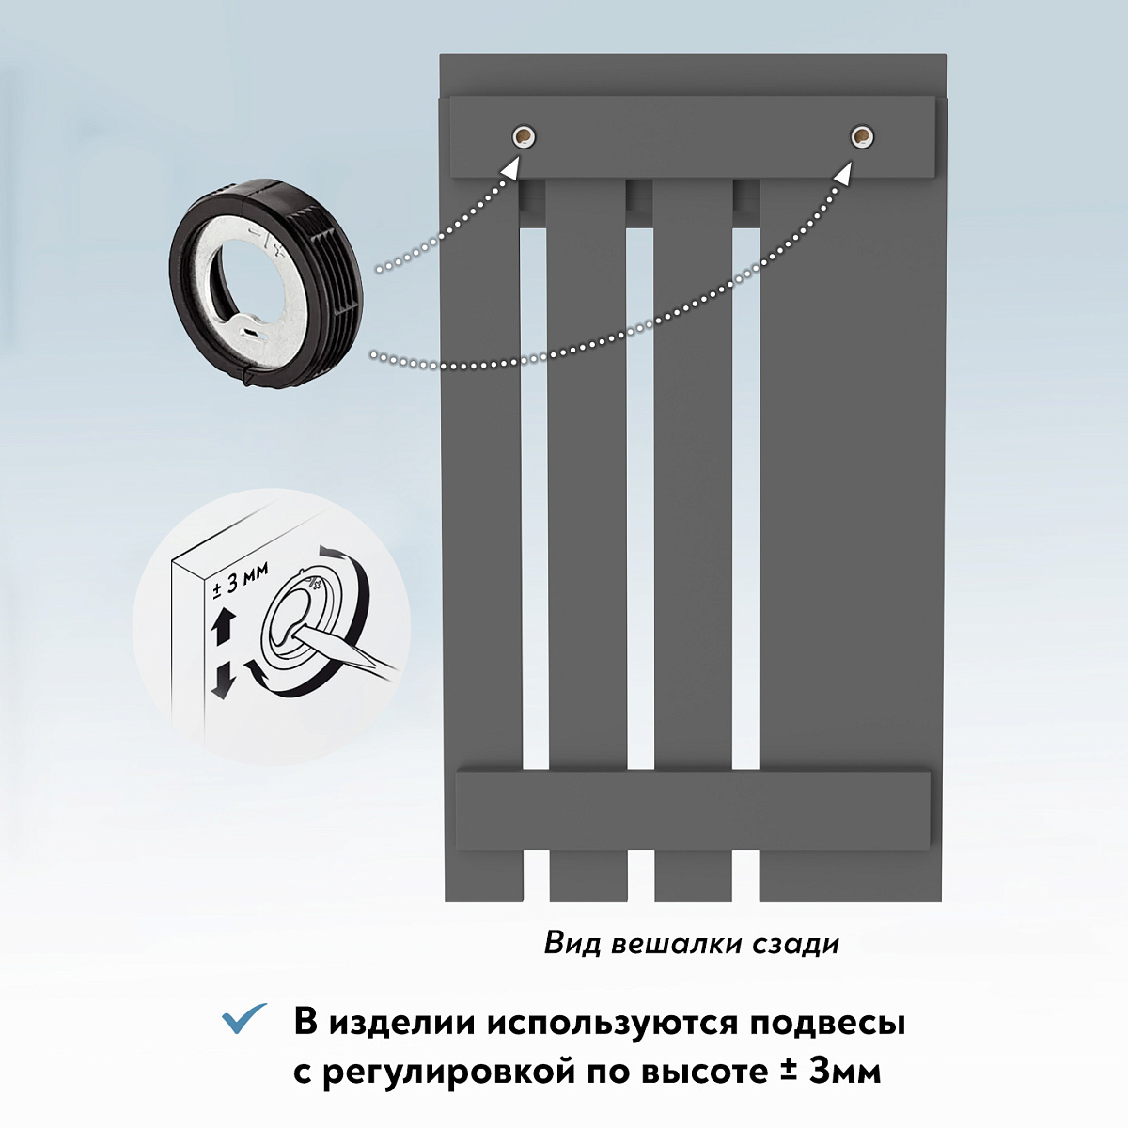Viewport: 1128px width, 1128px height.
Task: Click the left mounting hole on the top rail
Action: [524, 137]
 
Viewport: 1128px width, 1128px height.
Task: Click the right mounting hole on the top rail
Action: [862, 137]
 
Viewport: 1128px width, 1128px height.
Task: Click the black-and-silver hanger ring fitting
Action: [266, 284]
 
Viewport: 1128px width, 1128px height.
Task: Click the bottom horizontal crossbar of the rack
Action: [693, 810]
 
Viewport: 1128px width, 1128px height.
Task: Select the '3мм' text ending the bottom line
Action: [845, 1072]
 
